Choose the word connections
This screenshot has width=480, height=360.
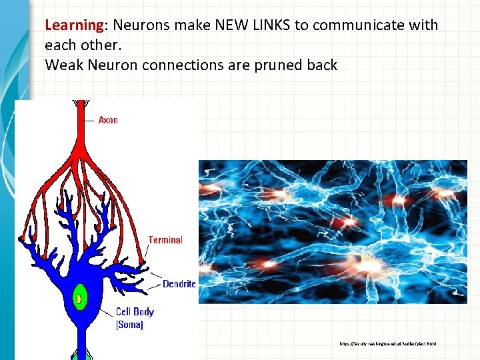tap(183, 65)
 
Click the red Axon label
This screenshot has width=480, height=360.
tap(108, 120)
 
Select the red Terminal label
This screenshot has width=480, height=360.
tap(165, 240)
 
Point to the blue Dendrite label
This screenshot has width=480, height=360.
tap(179, 284)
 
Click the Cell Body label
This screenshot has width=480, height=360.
tap(135, 311)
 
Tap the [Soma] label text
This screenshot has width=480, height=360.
tap(129, 325)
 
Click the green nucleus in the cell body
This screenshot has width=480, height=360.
tap(80, 299)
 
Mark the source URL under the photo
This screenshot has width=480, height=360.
tap(387, 344)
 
